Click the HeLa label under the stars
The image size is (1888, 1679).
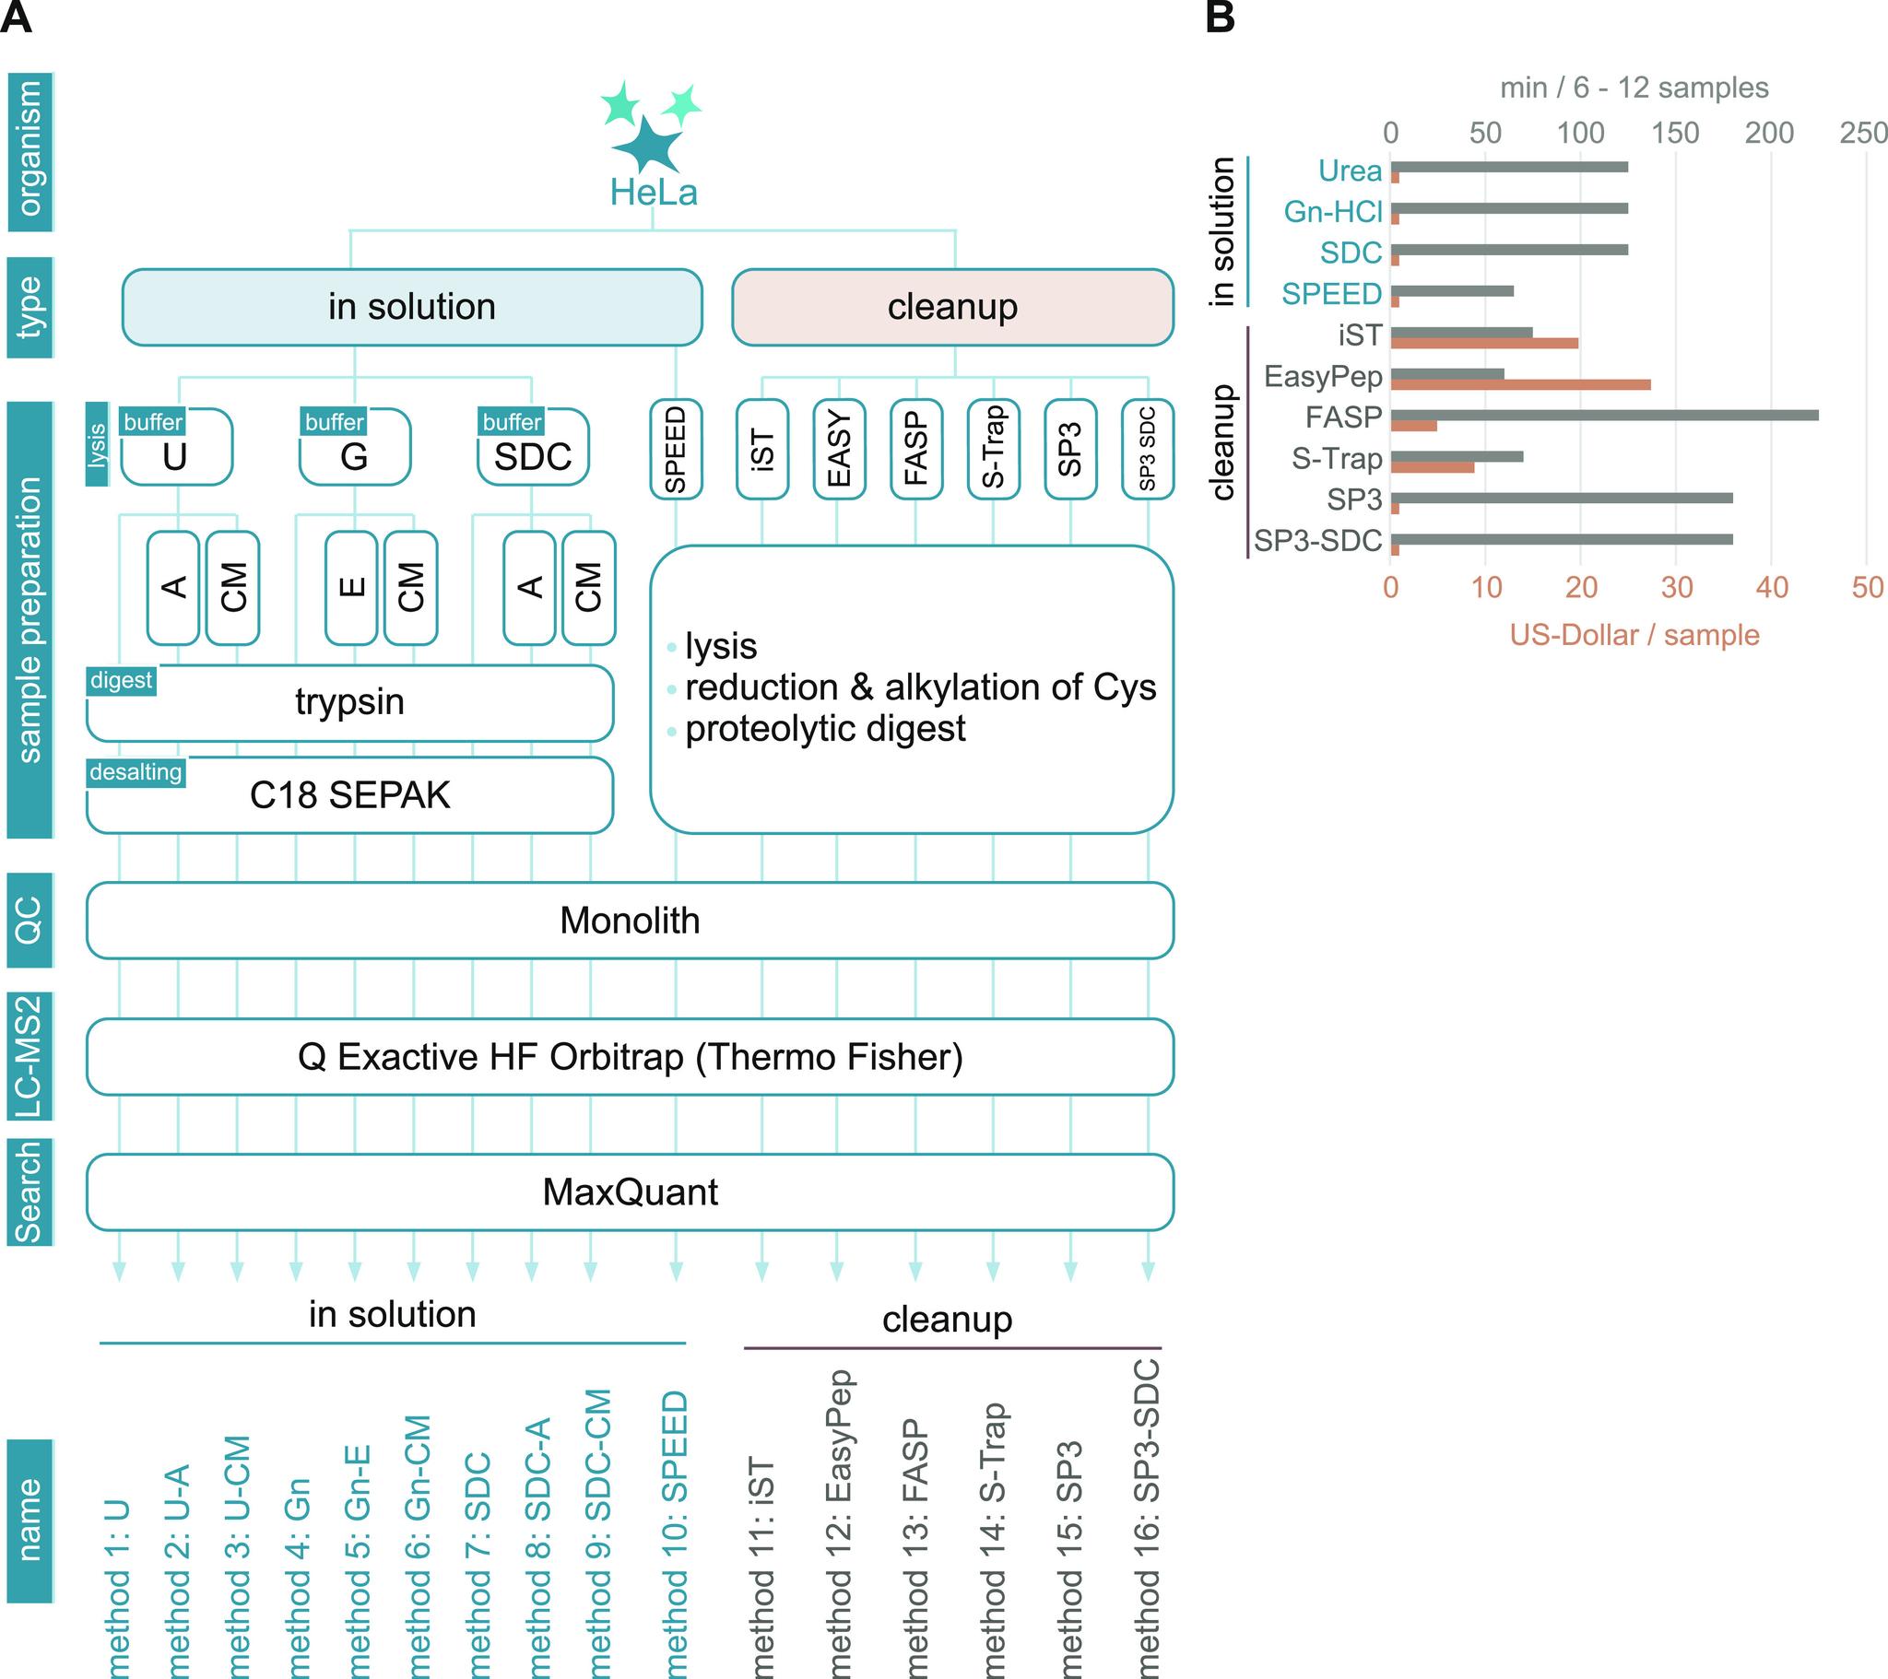653,192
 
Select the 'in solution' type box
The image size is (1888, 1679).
412,308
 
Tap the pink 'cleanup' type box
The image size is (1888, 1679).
952,308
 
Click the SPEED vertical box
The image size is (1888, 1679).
675,450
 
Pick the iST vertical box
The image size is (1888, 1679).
762,450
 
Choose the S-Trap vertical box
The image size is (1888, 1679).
993,450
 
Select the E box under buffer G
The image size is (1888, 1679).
351,587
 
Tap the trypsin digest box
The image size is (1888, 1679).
350,703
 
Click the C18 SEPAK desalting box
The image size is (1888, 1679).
350,795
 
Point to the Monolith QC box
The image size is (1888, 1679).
630,921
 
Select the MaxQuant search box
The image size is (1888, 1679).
630,1192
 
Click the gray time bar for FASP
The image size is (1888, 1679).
1604,416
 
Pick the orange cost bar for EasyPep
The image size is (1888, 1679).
1520,385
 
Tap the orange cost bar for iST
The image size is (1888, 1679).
1484,344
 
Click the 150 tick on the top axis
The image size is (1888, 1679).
1675,133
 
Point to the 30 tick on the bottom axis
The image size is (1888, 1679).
1677,587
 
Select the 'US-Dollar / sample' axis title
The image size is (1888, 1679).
1634,636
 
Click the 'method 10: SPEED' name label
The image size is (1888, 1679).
675,1533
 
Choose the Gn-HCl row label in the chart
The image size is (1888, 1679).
1332,213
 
